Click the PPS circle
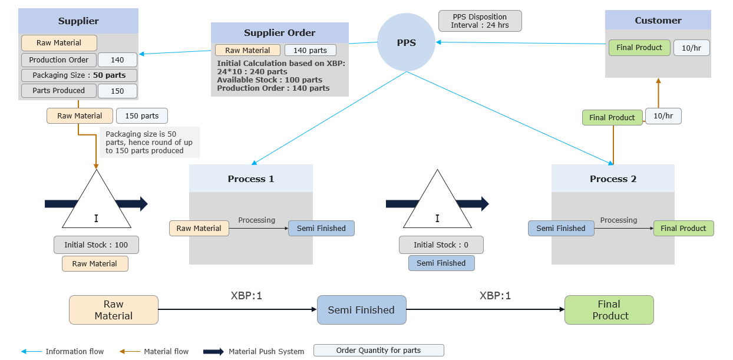[x=406, y=42]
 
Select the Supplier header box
[x=78, y=21]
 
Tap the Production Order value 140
[x=117, y=60]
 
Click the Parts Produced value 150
[x=117, y=91]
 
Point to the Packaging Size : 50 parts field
[x=79, y=75]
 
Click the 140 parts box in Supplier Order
[x=310, y=51]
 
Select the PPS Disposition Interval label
[x=480, y=21]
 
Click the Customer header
[x=658, y=20]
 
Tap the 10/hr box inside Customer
[x=691, y=48]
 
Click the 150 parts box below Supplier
[x=141, y=116]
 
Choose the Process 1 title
[x=251, y=179]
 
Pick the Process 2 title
[x=613, y=179]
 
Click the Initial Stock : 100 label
[x=95, y=245]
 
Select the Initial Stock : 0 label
[x=441, y=245]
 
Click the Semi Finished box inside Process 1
[x=321, y=229]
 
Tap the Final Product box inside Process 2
[x=683, y=229]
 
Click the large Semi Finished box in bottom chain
[x=361, y=310]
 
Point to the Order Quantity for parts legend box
[x=378, y=351]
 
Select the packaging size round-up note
[x=150, y=143]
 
